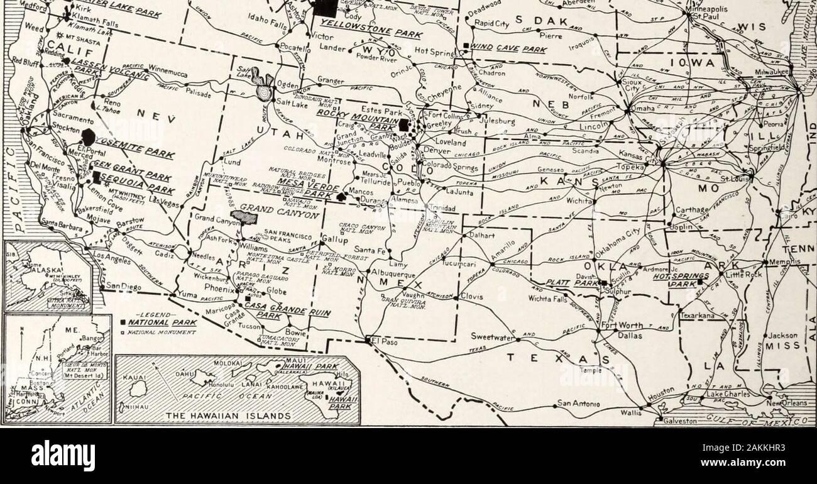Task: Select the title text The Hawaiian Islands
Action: (238, 416)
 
